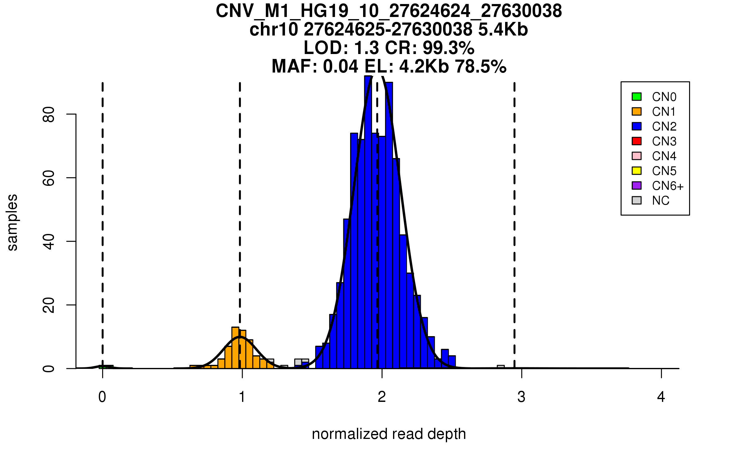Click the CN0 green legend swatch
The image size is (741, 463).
pos(637,97)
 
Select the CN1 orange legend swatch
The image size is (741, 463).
pos(637,111)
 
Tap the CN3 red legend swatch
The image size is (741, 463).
pos(637,141)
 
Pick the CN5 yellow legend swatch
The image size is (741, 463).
pos(637,171)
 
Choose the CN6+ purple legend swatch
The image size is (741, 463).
pos(637,186)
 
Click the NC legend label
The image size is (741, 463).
pos(660,201)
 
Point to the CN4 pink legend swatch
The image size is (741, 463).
pos(637,156)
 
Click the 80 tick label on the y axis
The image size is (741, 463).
pos(49,114)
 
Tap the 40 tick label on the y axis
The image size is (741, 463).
pos(49,241)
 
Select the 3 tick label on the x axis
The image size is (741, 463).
pos(521,397)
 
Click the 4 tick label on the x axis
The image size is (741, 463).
pos(661,397)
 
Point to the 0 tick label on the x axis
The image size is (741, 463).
pos(102,397)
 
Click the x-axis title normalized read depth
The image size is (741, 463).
pos(389,434)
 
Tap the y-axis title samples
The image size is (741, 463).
pos(12,222)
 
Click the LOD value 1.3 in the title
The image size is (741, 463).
pos(367,48)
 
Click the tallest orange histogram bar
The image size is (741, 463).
pos(235,348)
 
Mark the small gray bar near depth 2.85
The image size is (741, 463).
pos(500,367)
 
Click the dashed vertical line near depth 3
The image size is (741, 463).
pos(514,216)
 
